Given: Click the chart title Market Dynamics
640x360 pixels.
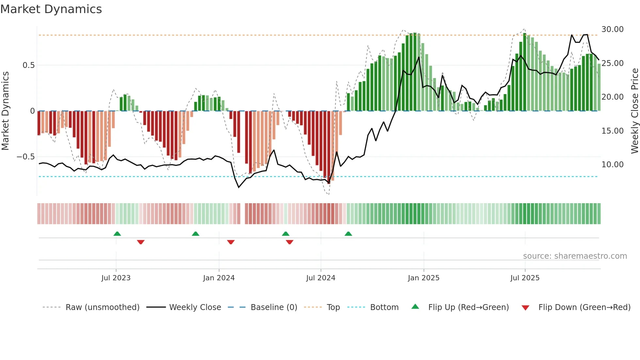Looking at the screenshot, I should [x=51, y=9].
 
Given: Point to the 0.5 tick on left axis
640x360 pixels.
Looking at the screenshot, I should [x=29, y=65].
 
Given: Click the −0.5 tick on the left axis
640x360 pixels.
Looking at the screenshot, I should [x=26, y=157].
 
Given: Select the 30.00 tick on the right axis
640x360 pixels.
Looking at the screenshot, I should [x=613, y=29].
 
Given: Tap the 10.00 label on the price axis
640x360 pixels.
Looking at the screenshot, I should [x=613, y=165].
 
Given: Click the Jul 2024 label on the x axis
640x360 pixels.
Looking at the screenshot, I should [x=321, y=278].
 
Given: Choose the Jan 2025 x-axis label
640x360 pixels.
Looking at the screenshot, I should [x=424, y=278].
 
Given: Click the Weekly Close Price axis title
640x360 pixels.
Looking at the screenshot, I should [x=634, y=111].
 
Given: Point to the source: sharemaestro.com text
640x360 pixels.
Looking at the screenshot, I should [x=575, y=256].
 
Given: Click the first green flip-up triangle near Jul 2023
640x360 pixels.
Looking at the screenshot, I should [x=117, y=234].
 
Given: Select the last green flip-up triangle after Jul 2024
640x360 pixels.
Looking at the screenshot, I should [x=348, y=234].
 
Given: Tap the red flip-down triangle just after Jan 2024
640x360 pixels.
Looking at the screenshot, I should [x=231, y=242].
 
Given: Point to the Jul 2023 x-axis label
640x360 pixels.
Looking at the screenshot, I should [x=116, y=278].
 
